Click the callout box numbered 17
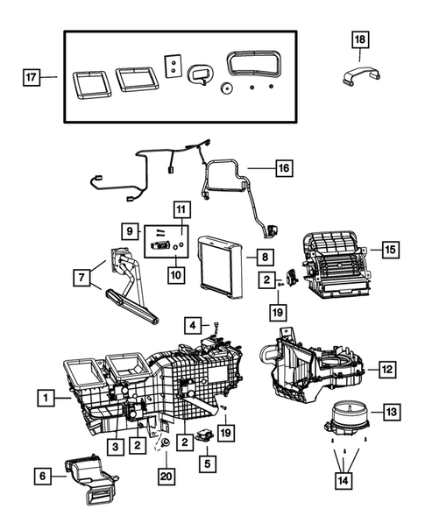pyautogui.click(x=31, y=78)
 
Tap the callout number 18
pyautogui.click(x=360, y=39)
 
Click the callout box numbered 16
pyautogui.click(x=283, y=166)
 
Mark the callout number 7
pyautogui.click(x=83, y=278)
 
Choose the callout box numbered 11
pyautogui.click(x=181, y=210)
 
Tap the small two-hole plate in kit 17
pyautogui.click(x=174, y=66)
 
